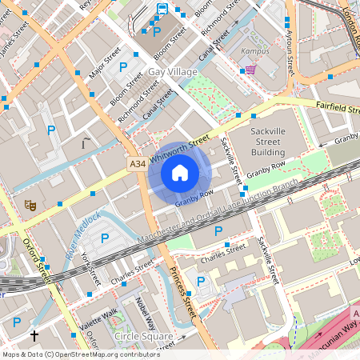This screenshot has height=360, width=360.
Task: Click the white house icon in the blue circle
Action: pos(180,173)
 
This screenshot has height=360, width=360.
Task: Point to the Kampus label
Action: pos(254,53)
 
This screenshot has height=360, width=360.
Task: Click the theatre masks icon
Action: pos(31,205)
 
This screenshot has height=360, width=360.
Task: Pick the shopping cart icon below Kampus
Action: pos(251,69)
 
